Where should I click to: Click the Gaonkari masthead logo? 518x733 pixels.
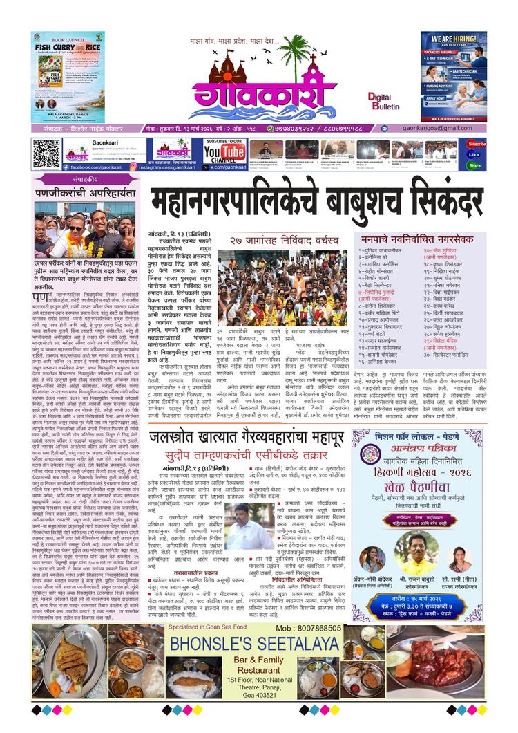coord(262,90)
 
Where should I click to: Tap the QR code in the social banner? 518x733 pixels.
coord(46,154)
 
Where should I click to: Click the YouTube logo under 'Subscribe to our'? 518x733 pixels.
coord(224,154)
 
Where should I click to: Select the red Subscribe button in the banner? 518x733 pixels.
coord(476,144)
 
